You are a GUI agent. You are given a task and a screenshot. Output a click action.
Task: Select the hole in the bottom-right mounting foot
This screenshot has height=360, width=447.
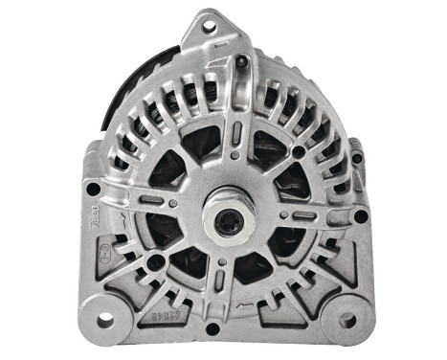[346, 321]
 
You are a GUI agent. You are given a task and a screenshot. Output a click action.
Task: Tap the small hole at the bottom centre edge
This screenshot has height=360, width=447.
[227, 330]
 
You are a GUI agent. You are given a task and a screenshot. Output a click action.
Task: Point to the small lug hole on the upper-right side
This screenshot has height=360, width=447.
[358, 157]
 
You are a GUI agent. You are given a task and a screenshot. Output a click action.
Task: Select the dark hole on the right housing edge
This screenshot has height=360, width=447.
[361, 216]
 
